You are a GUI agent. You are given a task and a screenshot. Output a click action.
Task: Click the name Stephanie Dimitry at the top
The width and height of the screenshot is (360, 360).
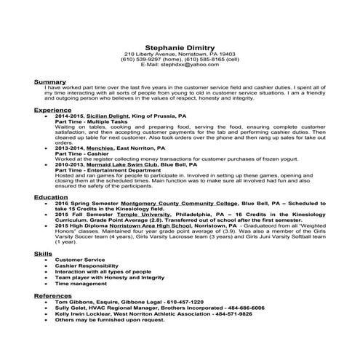point(180,45)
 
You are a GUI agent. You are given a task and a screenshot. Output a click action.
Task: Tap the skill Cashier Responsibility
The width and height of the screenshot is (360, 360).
point(90,265)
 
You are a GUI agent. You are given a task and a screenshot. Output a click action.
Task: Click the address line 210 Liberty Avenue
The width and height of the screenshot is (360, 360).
point(180,54)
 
